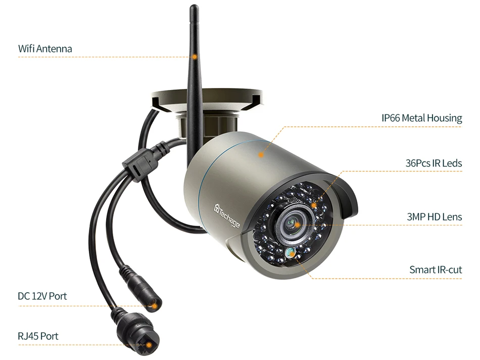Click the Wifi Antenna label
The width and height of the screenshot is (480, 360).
45,49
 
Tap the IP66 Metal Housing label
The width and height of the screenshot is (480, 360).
421,118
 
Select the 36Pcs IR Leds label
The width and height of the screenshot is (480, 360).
434,163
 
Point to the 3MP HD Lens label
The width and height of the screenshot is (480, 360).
435,217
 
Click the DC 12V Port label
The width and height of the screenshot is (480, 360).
42,296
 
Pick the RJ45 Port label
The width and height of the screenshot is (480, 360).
38,336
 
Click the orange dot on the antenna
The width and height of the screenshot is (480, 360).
194,57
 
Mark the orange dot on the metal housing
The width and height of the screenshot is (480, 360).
261,154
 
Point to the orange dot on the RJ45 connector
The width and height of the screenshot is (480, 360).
149,346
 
